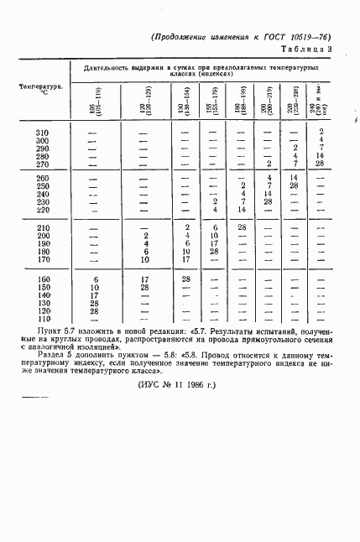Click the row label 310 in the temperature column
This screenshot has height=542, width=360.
(42, 133)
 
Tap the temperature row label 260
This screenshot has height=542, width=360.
(42, 178)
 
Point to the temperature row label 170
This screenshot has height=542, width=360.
(42, 260)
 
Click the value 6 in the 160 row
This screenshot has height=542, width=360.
(96, 279)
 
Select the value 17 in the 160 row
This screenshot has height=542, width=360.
(143, 279)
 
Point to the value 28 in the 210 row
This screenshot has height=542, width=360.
(242, 227)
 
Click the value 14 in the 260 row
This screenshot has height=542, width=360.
(294, 178)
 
